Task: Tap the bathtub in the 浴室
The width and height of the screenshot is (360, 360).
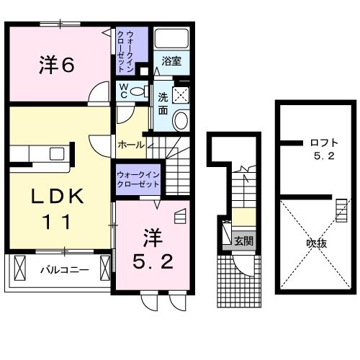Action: click(x=171, y=40)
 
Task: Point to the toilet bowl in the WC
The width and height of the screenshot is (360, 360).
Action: click(x=137, y=91)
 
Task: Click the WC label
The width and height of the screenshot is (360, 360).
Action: click(x=122, y=91)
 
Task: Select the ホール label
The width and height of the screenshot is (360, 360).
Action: click(x=130, y=145)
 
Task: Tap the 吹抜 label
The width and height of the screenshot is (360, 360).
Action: click(x=317, y=243)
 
